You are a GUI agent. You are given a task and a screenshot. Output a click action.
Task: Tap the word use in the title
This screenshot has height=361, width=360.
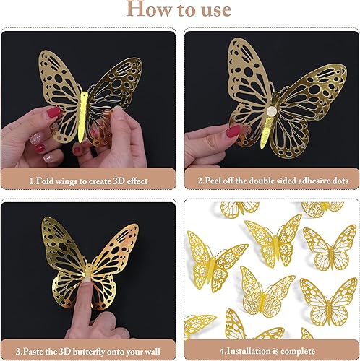pos(213,9)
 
